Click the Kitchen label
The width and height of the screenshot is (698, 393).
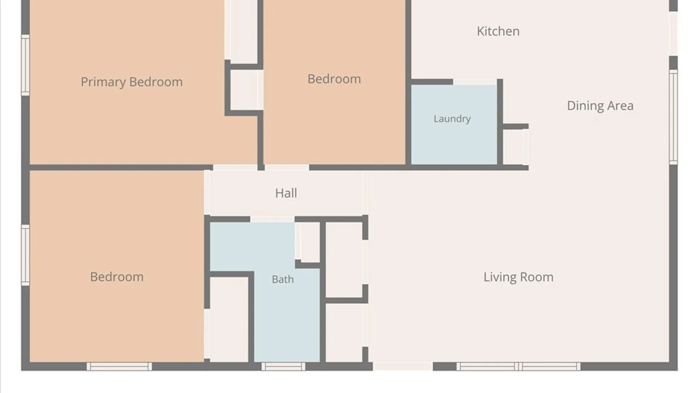click(498, 31)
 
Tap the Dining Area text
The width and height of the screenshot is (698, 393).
click(600, 106)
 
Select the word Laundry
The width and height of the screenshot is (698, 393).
click(452, 119)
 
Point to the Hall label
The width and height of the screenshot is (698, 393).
click(286, 193)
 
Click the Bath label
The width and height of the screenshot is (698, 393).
click(282, 279)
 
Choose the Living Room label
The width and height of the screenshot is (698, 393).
click(518, 277)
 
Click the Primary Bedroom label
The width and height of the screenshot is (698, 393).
click(132, 82)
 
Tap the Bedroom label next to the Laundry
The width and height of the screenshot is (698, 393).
click(334, 79)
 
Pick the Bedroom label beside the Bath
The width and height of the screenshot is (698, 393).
click(117, 277)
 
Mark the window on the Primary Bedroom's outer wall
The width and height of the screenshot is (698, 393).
click(25, 65)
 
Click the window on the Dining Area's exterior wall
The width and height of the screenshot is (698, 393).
click(673, 117)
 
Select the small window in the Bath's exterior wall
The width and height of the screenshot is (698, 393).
click(284, 366)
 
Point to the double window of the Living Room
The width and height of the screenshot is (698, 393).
click(518, 366)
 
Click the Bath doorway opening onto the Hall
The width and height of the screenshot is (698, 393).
click(272, 219)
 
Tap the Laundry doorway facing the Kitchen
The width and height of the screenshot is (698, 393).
click(475, 82)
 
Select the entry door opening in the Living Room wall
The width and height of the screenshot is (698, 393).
click(403, 366)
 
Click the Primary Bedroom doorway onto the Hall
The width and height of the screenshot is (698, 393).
click(235, 168)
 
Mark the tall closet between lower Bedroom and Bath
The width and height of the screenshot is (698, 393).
click(229, 320)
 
